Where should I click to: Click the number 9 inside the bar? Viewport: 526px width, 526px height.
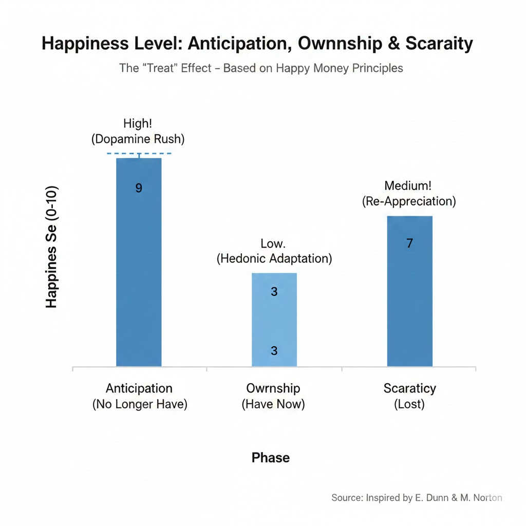pos(139,188)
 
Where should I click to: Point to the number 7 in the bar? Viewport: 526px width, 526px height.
pos(409,243)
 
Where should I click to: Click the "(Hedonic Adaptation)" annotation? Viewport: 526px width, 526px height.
pos(274,258)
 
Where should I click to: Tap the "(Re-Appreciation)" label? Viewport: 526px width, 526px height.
pos(409,201)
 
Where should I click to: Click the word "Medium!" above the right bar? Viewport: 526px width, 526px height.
pos(409,186)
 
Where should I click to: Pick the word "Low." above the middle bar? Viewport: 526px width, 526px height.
pos(274,243)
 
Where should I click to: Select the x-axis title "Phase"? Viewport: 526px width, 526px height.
pos(271,458)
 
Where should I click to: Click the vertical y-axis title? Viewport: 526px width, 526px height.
pos(51,247)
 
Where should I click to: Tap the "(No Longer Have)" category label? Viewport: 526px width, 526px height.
pos(140,404)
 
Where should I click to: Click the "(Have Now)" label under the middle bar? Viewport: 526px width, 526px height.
pos(273,404)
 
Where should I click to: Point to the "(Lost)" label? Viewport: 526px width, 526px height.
pos(409,404)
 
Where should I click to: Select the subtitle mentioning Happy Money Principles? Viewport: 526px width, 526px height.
pos(261,68)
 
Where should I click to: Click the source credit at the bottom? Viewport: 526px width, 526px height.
pos(417,497)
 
